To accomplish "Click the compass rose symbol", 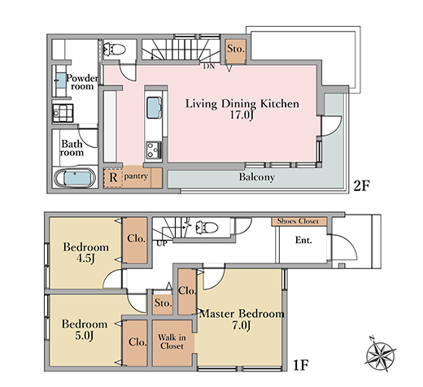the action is [x=380, y=354].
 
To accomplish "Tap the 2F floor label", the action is [x=362, y=185].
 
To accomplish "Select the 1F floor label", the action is [x=301, y=365].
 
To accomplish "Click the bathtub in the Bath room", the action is [x=75, y=178].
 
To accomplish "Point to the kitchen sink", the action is [x=154, y=107].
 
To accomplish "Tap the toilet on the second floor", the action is [x=114, y=49].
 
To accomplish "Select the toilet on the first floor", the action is [x=207, y=227].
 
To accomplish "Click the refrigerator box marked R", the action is [x=113, y=178].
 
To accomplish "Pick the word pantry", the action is [x=136, y=176].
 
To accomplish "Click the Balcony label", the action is [x=257, y=177].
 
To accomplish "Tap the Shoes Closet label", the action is [x=298, y=221].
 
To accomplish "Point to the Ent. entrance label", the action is [x=303, y=240].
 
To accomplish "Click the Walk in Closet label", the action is [x=172, y=341].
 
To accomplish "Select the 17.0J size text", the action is [x=242, y=115].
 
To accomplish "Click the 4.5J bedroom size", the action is [x=85, y=259].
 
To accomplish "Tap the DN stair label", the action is [x=209, y=66].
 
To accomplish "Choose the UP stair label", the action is [x=162, y=243].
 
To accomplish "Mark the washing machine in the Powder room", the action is [x=63, y=113].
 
